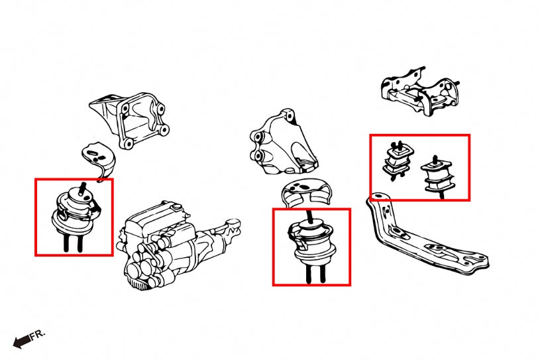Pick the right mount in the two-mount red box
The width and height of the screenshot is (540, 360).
[435, 176]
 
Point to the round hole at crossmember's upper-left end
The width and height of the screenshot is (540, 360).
[378, 197]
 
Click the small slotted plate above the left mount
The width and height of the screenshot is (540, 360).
[97, 157]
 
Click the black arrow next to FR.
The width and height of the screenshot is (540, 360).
[22, 341]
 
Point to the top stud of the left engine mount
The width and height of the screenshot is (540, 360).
[82, 188]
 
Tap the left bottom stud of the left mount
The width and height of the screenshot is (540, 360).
[68, 242]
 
